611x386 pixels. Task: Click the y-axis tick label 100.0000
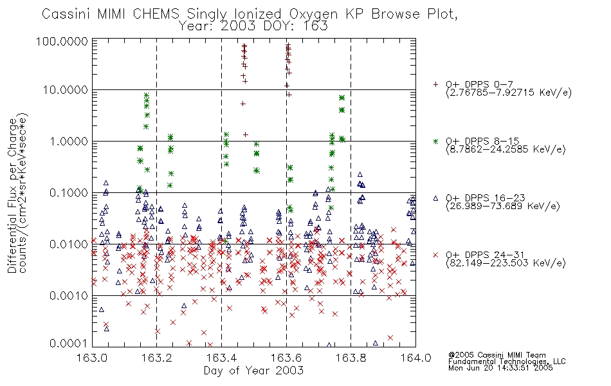click(62, 41)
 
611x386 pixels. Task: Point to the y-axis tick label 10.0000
click(66, 90)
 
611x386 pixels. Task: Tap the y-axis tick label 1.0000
click(69, 141)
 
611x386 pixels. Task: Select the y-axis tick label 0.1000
click(69, 192)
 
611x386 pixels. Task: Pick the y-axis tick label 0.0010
click(69, 295)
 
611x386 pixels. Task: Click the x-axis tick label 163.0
click(92, 358)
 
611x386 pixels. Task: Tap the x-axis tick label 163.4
click(221, 358)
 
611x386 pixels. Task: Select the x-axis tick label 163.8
click(351, 358)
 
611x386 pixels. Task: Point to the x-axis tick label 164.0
click(415, 358)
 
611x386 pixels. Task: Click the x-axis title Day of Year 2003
click(253, 371)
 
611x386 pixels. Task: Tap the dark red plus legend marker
click(436, 84)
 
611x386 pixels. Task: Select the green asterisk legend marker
click(436, 141)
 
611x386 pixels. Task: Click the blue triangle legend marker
click(436, 198)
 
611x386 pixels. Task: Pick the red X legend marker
click(436, 255)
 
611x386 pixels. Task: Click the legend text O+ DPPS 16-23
click(486, 198)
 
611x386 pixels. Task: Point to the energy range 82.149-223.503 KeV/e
click(506, 263)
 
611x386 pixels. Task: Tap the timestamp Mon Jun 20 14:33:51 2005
click(500, 368)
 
